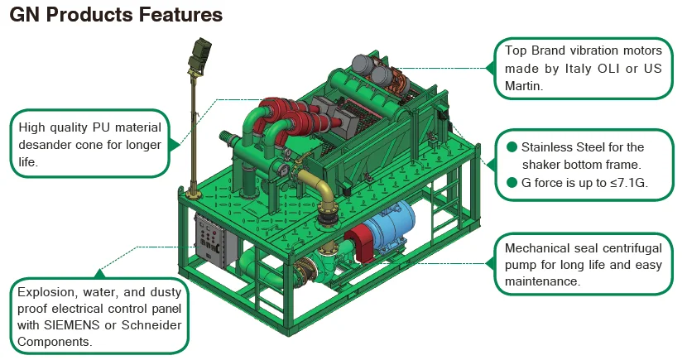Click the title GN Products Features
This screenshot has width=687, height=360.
tap(116, 15)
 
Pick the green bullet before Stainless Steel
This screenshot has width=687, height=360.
tap(512, 147)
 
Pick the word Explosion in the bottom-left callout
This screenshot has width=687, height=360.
tap(49, 292)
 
